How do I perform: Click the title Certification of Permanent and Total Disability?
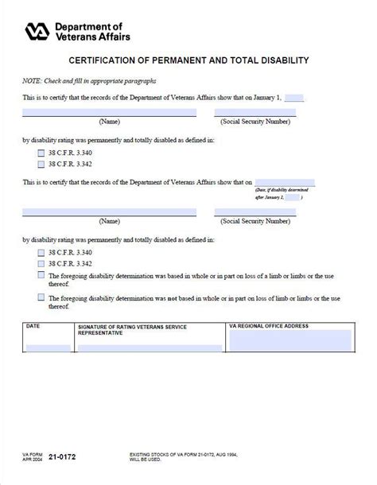click(188, 60)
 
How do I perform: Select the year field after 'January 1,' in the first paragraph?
click(294, 97)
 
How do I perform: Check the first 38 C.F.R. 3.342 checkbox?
click(41, 164)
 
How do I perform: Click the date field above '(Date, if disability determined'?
click(285, 182)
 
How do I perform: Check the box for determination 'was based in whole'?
click(41, 275)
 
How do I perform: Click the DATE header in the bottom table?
click(33, 326)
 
